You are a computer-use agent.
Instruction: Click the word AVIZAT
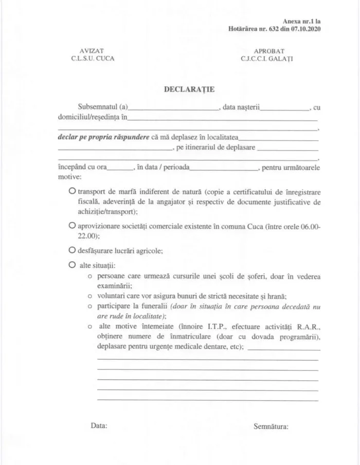pyautogui.click(x=93, y=51)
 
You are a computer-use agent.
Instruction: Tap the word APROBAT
pyautogui.click(x=267, y=51)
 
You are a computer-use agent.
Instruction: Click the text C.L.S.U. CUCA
pyautogui.click(x=93, y=59)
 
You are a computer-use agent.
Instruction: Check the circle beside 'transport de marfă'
pyautogui.click(x=72, y=191)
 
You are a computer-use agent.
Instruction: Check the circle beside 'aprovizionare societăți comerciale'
pyautogui.click(x=72, y=226)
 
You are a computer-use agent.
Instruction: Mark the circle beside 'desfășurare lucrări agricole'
pyautogui.click(x=72, y=250)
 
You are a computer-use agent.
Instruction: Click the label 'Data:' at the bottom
pyautogui.click(x=99, y=426)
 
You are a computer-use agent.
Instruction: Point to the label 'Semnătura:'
pyautogui.click(x=271, y=426)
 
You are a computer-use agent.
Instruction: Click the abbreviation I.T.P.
pyautogui.click(x=210, y=326)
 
